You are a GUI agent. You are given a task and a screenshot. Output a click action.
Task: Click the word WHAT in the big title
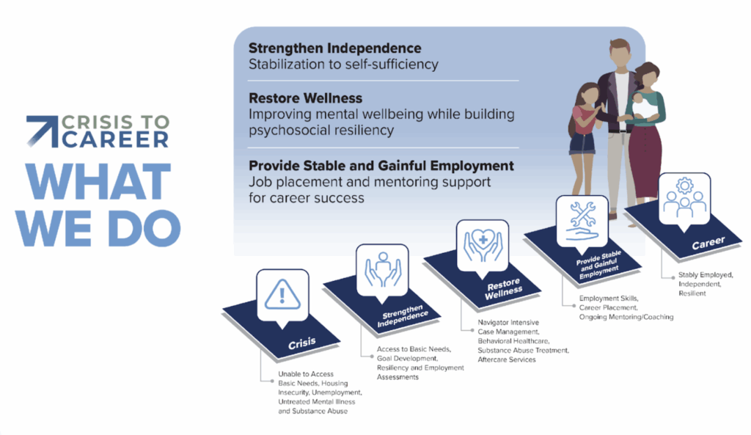coord(99,182)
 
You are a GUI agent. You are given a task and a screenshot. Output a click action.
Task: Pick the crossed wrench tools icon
coord(582,220)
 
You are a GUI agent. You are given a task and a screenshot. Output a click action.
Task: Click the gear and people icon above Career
coord(684,198)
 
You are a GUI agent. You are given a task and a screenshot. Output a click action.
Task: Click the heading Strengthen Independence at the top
coord(334,48)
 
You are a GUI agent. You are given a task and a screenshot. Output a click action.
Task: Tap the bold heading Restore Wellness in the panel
coord(306,98)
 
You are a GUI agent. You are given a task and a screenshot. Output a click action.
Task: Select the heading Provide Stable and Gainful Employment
coord(381,166)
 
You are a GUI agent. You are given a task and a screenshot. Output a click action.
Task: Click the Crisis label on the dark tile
coord(302,343)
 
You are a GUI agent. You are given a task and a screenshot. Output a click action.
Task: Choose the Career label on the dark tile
coord(708,243)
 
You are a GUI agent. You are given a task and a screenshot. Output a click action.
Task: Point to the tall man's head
coord(620,53)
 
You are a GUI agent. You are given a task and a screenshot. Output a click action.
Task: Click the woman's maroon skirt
coord(645,161)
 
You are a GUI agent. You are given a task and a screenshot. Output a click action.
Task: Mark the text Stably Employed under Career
coord(705,275)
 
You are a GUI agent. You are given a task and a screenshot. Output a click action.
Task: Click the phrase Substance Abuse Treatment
coord(522,350)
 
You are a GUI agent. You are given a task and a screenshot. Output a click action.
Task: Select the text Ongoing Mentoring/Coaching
coord(626,317)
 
